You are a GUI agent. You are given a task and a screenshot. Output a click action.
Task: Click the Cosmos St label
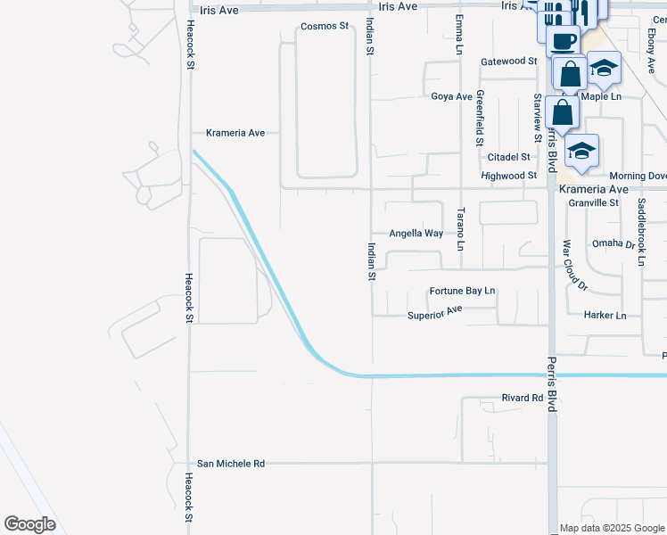325,27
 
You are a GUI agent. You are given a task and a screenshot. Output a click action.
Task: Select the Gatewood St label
508,62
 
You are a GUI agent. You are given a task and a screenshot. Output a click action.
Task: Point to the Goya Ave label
451,96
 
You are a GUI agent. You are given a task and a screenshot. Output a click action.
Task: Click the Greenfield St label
480,119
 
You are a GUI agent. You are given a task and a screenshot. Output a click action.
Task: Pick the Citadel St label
508,157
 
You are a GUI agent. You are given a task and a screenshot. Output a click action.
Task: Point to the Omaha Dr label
613,243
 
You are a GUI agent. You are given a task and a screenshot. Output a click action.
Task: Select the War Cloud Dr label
575,265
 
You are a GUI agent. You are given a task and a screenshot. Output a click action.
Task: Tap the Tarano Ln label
461,229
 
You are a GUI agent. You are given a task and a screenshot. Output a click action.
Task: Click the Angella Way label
416,234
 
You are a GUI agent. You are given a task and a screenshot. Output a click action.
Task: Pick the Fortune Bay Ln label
462,292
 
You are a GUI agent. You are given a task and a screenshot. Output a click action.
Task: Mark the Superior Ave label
435,315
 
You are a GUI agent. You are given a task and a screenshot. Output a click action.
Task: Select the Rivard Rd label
523,398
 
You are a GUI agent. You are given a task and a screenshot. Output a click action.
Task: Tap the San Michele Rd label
231,464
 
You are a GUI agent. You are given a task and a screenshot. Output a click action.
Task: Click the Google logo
30,524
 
